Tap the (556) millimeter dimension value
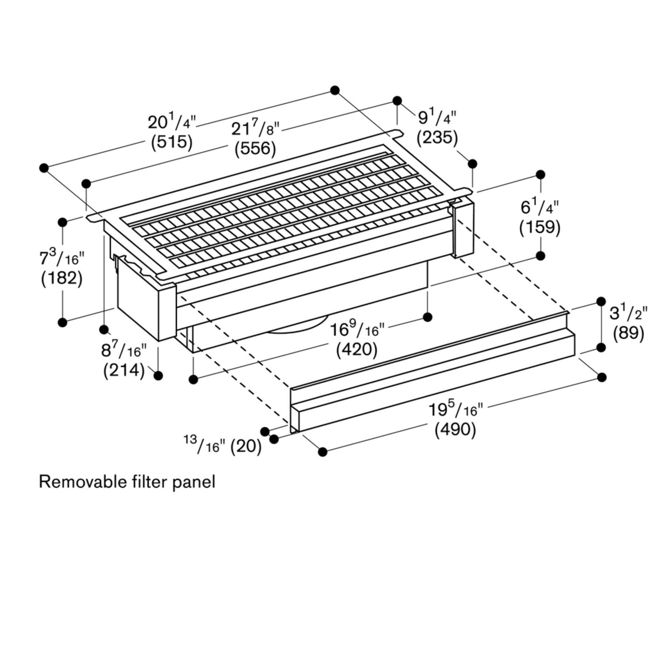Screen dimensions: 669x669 coord(255,149)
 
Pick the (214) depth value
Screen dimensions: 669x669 coord(124,371)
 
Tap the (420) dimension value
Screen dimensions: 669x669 coord(357,350)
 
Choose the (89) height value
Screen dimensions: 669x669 coord(629,334)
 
